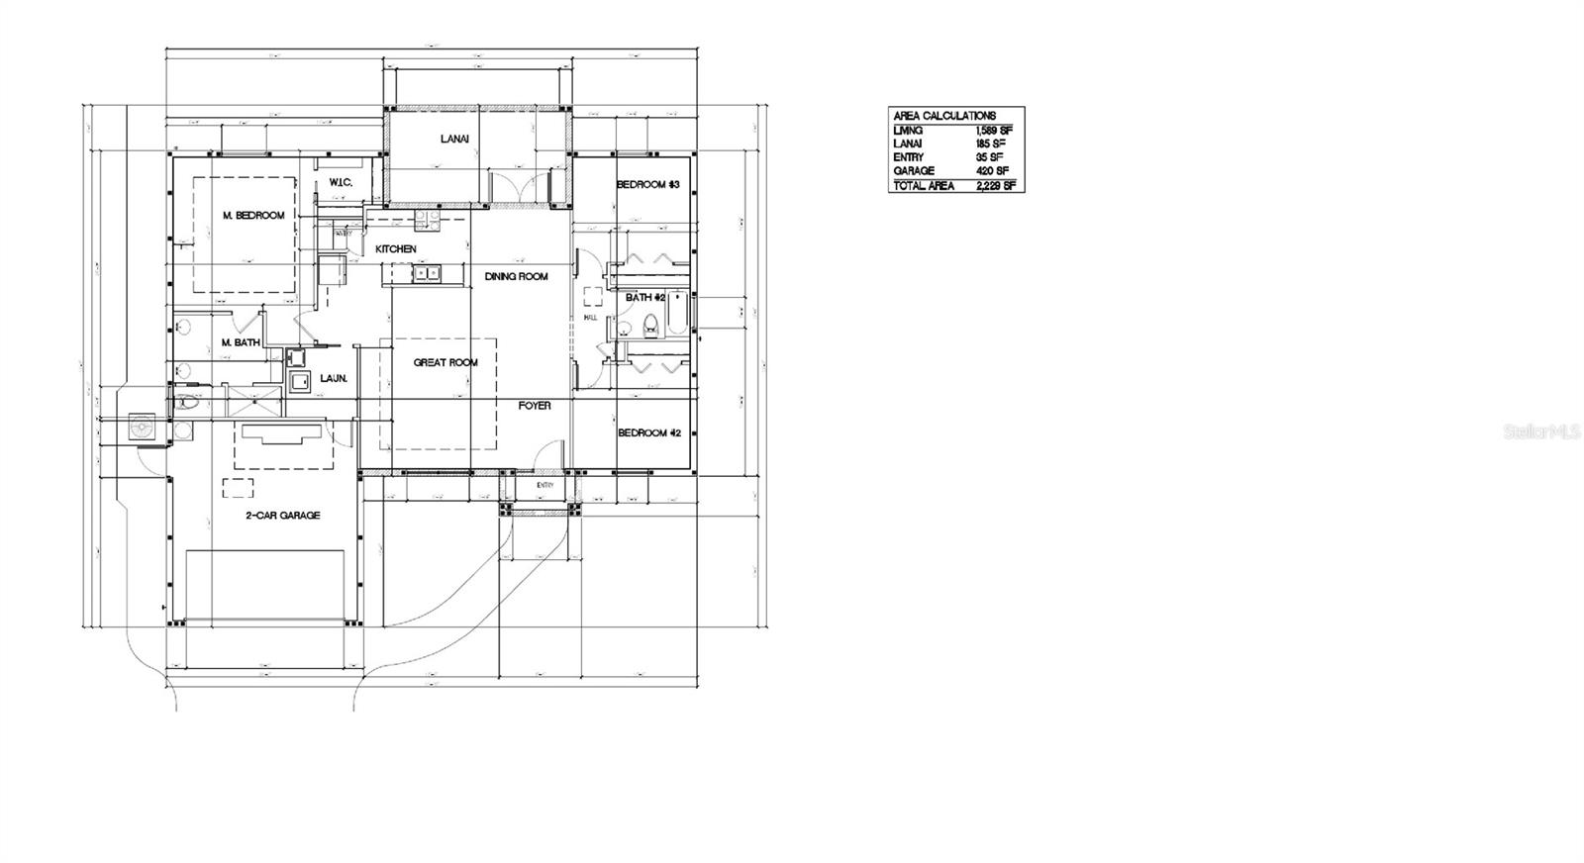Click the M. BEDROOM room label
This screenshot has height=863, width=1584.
[x=253, y=216]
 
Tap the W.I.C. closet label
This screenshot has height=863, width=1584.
[x=341, y=182]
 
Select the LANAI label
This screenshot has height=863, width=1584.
[x=454, y=140]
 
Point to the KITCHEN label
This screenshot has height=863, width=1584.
[x=396, y=249]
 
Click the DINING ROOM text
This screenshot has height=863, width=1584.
[x=516, y=277]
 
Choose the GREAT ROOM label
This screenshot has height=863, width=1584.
[x=445, y=363]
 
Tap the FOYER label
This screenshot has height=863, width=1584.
[x=535, y=406]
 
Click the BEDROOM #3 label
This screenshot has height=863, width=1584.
[x=647, y=185]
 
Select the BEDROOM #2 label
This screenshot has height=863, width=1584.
[x=648, y=433]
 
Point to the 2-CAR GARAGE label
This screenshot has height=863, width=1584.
[x=283, y=516]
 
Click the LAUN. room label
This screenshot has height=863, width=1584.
[x=334, y=379]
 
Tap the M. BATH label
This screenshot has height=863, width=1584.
[x=241, y=343]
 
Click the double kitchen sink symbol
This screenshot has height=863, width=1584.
[x=428, y=272]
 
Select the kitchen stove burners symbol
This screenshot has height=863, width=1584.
[x=427, y=216]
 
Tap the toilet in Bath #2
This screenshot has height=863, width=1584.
[x=650, y=323]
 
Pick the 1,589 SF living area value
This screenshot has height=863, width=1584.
[x=993, y=131]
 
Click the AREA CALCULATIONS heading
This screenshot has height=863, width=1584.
[x=944, y=116]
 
